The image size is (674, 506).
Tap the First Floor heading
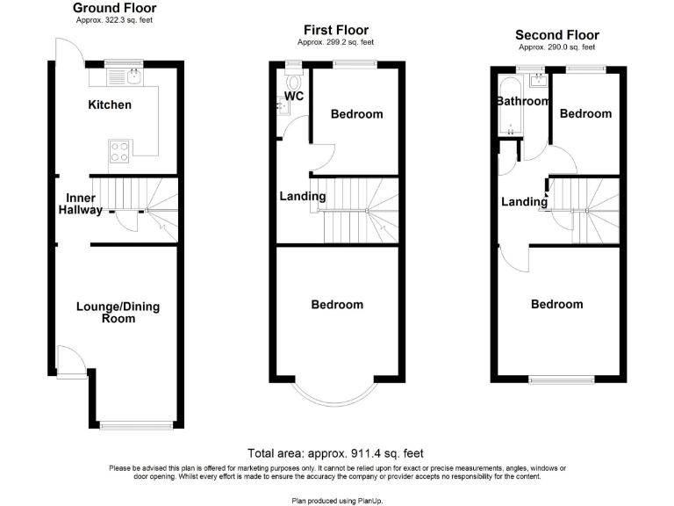(x=336, y=30)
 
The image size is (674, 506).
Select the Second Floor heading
(x=557, y=35)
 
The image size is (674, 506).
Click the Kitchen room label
(x=110, y=105)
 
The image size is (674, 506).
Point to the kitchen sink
(x=132, y=76)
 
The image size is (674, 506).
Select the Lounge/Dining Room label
(x=118, y=313)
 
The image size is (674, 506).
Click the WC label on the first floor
(x=293, y=96)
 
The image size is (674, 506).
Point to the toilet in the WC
(x=291, y=77)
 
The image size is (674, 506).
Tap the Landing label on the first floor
(x=303, y=196)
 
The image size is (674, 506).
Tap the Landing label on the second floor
(x=524, y=202)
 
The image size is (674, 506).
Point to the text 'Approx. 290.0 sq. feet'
(x=557, y=47)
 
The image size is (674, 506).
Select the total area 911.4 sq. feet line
(x=336, y=453)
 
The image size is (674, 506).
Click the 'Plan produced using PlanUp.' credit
(x=336, y=499)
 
